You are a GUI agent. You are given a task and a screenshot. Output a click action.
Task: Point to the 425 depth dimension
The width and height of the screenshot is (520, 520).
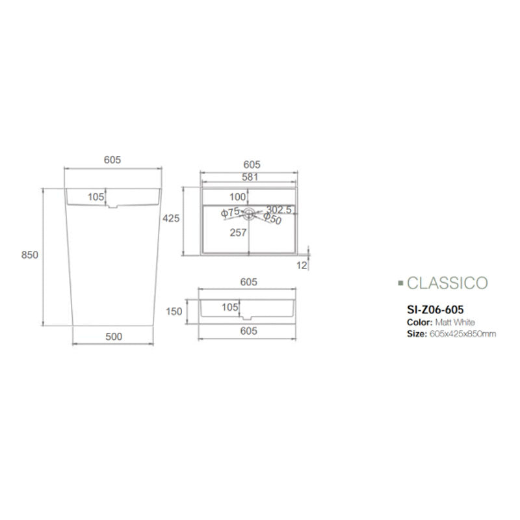(x=170, y=218)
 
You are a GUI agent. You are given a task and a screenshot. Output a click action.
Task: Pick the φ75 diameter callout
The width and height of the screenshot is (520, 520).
(x=231, y=212)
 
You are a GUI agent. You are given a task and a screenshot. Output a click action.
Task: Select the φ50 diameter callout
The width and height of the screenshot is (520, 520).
(x=272, y=220)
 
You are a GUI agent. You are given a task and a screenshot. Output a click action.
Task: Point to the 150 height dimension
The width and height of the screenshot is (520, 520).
(x=174, y=311)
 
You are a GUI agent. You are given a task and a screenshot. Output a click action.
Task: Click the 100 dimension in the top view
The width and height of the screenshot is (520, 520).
(x=238, y=196)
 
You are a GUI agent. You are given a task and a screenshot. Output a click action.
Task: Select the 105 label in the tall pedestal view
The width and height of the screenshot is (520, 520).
(x=96, y=196)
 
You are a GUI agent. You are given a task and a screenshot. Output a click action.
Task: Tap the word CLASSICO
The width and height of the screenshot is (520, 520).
(x=447, y=283)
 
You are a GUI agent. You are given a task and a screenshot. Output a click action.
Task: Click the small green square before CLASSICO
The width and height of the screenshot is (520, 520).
(x=400, y=284)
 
